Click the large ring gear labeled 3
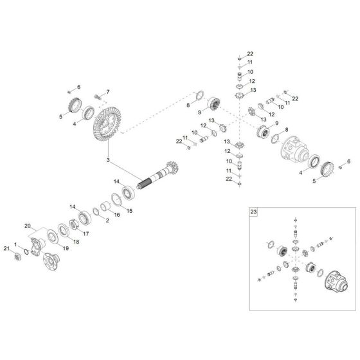[x=107, y=128]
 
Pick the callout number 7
[x=108, y=92]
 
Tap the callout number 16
[x=117, y=215]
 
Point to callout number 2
[x=107, y=221]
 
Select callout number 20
[x=44, y=226]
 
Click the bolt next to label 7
[x=97, y=97]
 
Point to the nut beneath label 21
[x=19, y=257]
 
